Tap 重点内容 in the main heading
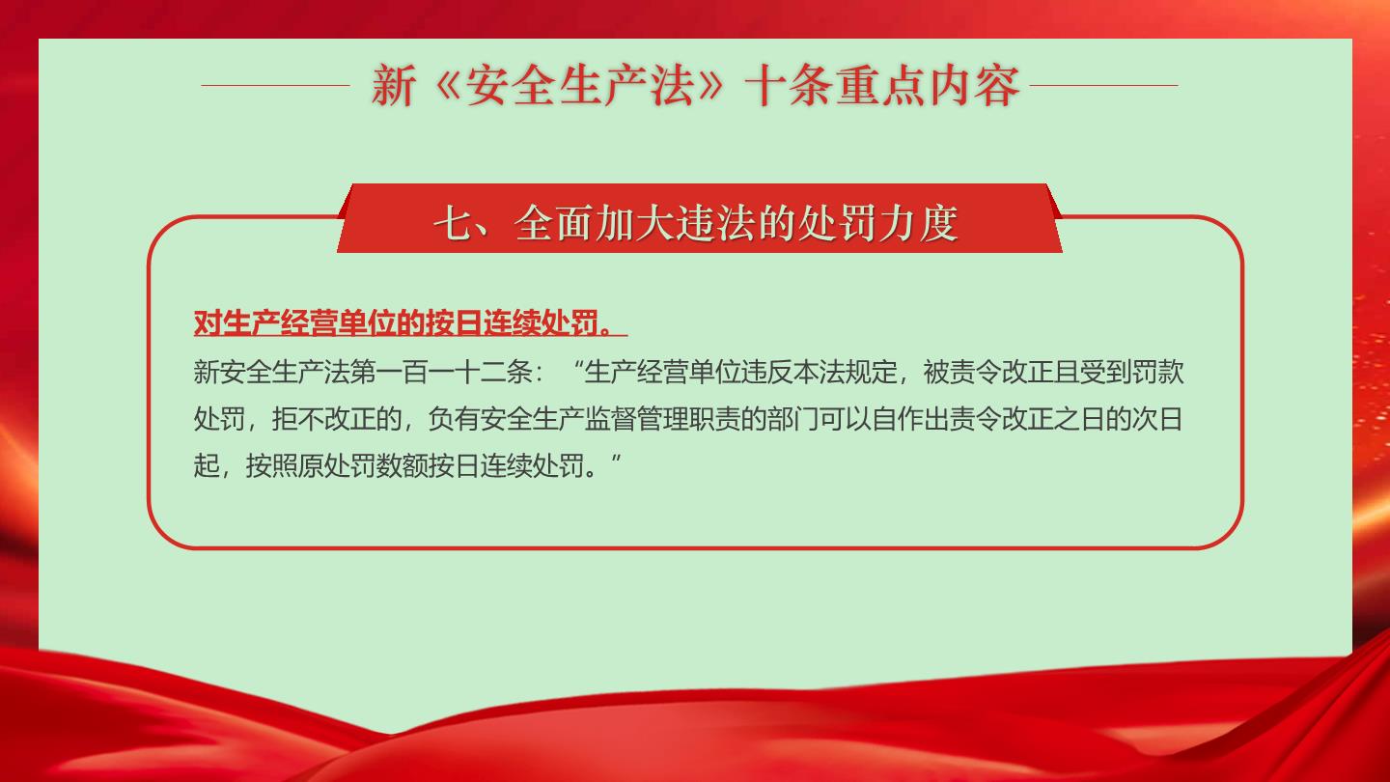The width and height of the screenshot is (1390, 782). [x=929, y=86]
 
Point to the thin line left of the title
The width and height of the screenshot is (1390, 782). [x=275, y=86]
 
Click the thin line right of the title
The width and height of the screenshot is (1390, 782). [x=1104, y=86]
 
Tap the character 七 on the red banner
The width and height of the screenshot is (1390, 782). [x=453, y=223]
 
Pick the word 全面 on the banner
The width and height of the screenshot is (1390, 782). [x=554, y=223]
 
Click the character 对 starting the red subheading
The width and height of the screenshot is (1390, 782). [x=208, y=322]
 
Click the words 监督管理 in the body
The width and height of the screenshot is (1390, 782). [x=636, y=420]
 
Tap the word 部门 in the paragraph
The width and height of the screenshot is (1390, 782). [x=793, y=420]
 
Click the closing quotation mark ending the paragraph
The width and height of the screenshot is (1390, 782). [x=616, y=459]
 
